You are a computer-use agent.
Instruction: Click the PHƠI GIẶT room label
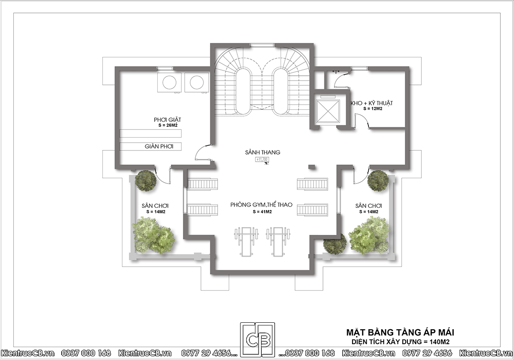coord(167,120)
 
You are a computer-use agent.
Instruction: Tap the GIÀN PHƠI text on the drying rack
coord(159,147)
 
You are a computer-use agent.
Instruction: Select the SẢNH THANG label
coord(263,152)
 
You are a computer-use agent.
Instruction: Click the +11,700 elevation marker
coord(262,159)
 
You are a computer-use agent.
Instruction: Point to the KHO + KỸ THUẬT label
coord(372,103)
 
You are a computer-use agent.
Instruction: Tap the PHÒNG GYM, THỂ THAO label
coord(261,204)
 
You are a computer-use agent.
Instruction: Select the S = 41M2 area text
coord(262,212)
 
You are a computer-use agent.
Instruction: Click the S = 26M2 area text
coord(168,125)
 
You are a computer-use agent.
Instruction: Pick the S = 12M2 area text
coord(373,109)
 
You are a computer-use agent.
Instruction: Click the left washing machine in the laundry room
coord(169,83)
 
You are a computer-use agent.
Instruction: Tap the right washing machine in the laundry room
coord(197,83)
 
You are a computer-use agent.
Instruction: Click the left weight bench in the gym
coord(246,242)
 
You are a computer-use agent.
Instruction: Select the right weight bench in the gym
coord(278,242)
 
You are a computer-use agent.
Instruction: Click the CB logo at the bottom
coord(257,339)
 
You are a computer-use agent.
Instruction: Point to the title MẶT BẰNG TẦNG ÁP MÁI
coord(400,333)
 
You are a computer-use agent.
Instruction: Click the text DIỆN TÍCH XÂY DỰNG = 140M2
coord(400,342)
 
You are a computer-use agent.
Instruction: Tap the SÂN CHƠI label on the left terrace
coord(155,206)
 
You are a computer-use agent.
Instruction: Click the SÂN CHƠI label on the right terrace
coord(369,206)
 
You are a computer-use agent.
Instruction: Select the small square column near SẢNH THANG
coord(311,167)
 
